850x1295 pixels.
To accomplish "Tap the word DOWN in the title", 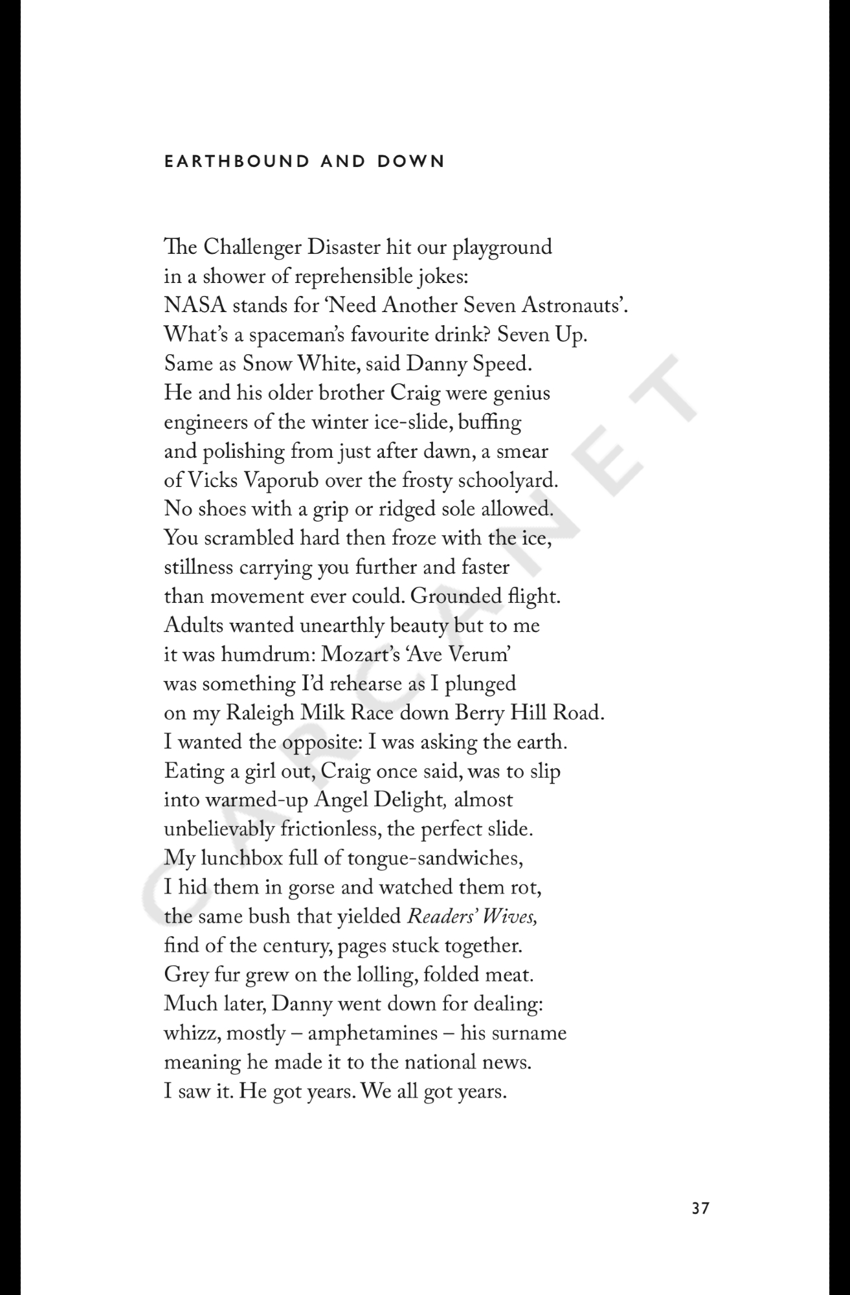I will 412,161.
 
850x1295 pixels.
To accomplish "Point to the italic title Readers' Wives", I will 472,917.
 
